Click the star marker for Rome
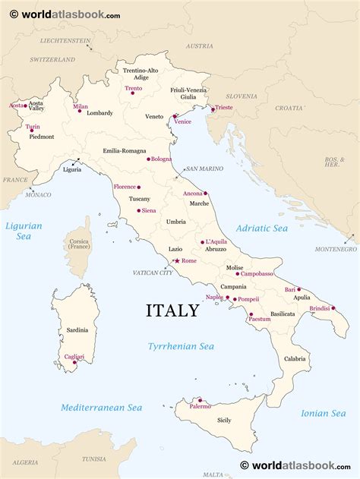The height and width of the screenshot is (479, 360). tap(177, 260)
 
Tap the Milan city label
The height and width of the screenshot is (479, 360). tap(81, 106)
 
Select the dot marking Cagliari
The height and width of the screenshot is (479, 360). tap(74, 362)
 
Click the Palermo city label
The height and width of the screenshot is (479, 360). tap(201, 406)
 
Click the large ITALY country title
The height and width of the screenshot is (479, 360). tap(172, 310)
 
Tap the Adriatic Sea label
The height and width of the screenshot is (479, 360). tap(261, 228)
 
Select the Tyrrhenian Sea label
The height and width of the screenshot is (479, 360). tap(181, 346)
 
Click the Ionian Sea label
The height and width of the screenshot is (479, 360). tap(323, 413)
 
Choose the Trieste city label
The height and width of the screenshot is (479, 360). tap(223, 108)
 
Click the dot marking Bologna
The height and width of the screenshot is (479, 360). tap(148, 159)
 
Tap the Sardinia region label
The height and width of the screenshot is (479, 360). tap(77, 330)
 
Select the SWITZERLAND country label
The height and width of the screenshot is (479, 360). tap(52, 59)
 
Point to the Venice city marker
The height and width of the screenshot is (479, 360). tap(175, 118)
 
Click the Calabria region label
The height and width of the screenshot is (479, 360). tap(295, 358)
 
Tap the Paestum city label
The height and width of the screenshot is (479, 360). tap(260, 319)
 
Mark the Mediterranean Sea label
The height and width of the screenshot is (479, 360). tap(102, 408)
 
